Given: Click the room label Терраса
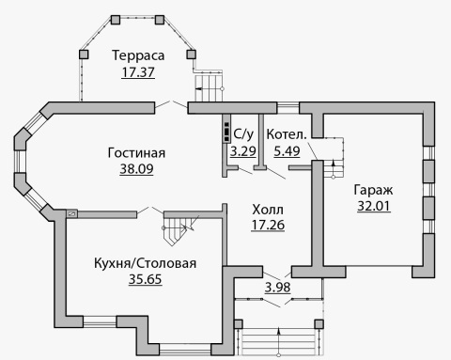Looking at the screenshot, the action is [x=138, y=55].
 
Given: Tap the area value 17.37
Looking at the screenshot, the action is [x=138, y=72].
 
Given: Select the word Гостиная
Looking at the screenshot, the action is [x=136, y=153].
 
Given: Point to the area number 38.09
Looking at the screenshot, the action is [x=136, y=169].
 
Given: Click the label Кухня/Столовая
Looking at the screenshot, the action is [x=146, y=263].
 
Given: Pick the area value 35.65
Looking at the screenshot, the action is [x=146, y=279].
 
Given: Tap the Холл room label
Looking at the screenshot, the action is [x=268, y=210].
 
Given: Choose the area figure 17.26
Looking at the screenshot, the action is [x=268, y=225].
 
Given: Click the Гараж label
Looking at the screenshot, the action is [x=373, y=190].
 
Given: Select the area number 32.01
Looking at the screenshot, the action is [x=374, y=206].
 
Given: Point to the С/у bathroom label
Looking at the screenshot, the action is [x=243, y=134].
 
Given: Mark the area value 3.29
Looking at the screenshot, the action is [x=243, y=151].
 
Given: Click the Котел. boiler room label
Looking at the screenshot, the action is [x=287, y=134].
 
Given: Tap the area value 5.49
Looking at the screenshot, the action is [x=287, y=151].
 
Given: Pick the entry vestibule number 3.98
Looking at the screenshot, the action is [x=278, y=287].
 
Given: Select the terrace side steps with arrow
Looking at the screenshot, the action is [x=209, y=86].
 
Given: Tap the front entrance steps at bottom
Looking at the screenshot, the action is [x=278, y=341].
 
